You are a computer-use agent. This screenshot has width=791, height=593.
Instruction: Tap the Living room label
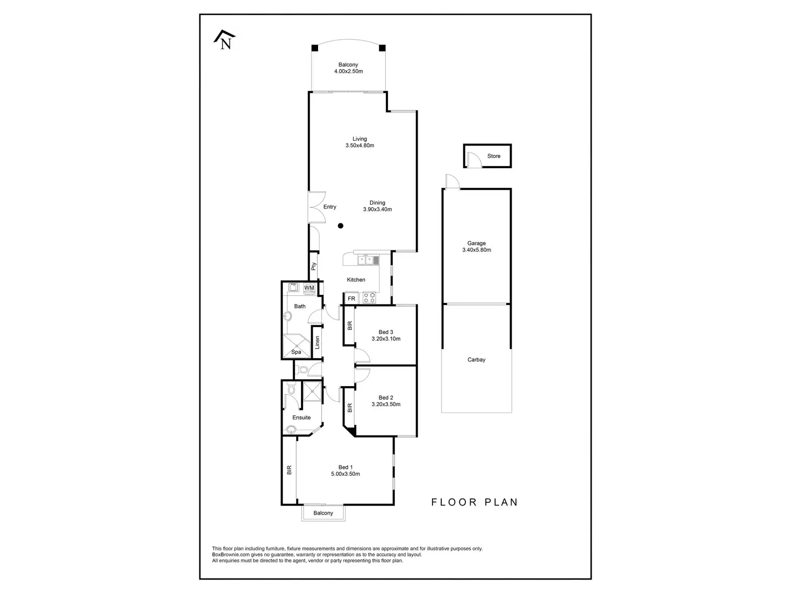coord(359,139)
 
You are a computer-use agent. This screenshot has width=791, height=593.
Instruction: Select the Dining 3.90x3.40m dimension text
coord(377,209)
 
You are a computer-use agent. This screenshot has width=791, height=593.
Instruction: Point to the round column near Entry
coord(341,226)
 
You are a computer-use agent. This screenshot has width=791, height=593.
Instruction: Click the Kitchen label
coord(356,280)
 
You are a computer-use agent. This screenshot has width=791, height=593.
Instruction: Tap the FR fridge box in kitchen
coord(351,299)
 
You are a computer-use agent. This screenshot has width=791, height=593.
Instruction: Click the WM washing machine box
coord(309,288)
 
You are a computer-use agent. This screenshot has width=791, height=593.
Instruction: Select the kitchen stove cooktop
coord(369,297)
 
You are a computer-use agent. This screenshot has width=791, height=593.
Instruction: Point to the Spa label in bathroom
coord(296,352)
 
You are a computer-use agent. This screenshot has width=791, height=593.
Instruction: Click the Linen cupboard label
coord(318,342)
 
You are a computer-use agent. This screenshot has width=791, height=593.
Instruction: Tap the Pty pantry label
coord(313,265)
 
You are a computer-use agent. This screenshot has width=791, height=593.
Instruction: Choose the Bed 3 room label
coord(386,332)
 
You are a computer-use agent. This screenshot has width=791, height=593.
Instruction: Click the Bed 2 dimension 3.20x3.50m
coord(386,404)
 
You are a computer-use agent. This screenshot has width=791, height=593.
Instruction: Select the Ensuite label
coord(301,417)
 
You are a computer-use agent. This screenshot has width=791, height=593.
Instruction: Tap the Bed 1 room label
coord(346,467)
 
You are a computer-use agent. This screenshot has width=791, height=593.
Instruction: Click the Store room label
coord(494,156)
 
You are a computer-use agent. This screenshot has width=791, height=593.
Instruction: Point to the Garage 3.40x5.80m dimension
coord(477,250)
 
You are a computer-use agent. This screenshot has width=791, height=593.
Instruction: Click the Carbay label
coord(477,360)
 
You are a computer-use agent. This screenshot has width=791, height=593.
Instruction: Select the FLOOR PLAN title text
coord(474,502)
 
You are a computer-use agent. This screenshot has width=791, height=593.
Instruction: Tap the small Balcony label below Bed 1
coord(323,513)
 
